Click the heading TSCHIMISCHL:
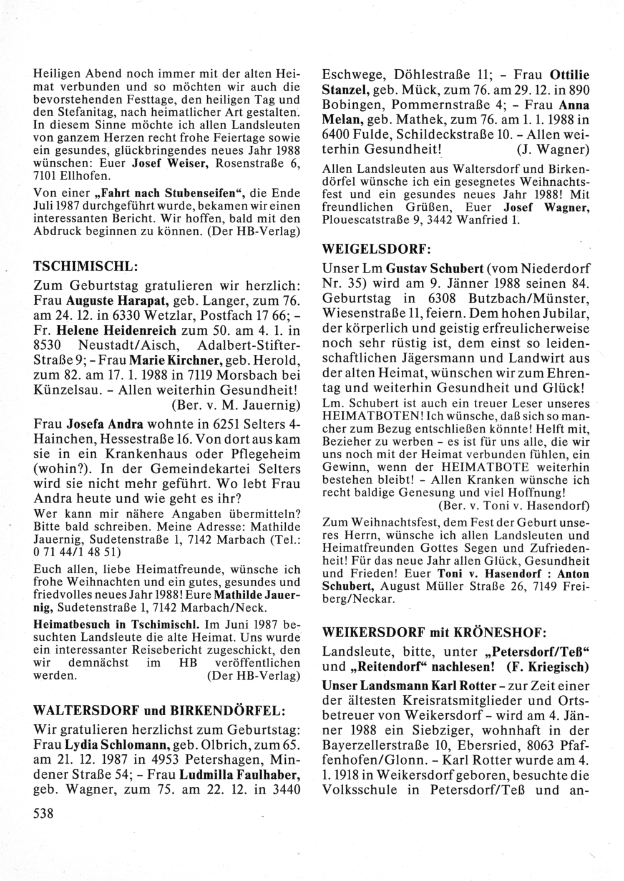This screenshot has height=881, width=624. pyautogui.click(x=84, y=266)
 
